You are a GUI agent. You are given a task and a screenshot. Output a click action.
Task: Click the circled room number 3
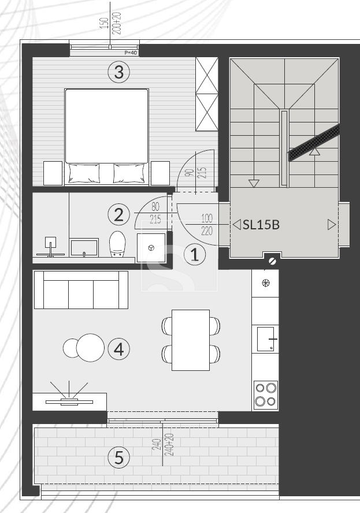click(119, 72)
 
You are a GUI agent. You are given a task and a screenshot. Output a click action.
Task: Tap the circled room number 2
click(119, 215)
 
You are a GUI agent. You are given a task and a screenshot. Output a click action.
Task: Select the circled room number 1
click(195, 255)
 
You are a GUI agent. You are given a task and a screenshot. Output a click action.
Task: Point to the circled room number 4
click(119, 349)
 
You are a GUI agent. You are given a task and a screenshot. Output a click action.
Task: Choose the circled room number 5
click(119, 457)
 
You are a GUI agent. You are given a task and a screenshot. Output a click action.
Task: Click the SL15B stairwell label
click(261, 225)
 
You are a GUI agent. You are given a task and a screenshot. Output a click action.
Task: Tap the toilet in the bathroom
click(117, 244)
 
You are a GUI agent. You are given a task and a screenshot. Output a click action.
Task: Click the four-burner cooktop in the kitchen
click(266, 395)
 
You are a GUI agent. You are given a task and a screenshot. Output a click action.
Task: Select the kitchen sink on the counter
click(266, 339)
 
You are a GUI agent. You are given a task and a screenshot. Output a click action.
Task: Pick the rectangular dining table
click(191, 340)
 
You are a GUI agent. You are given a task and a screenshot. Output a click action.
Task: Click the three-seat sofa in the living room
click(81, 289)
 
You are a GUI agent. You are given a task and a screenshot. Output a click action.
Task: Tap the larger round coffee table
click(90, 347)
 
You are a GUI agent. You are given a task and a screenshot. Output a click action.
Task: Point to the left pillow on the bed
click(84, 173)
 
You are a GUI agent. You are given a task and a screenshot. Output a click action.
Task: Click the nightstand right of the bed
click(161, 173)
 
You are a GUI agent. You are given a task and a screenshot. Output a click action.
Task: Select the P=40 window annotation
click(131, 53)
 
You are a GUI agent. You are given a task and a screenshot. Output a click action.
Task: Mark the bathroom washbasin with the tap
click(84, 247)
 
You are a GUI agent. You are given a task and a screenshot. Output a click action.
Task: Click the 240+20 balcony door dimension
click(170, 445)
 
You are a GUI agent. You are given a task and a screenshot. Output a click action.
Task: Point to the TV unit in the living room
click(69, 402)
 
